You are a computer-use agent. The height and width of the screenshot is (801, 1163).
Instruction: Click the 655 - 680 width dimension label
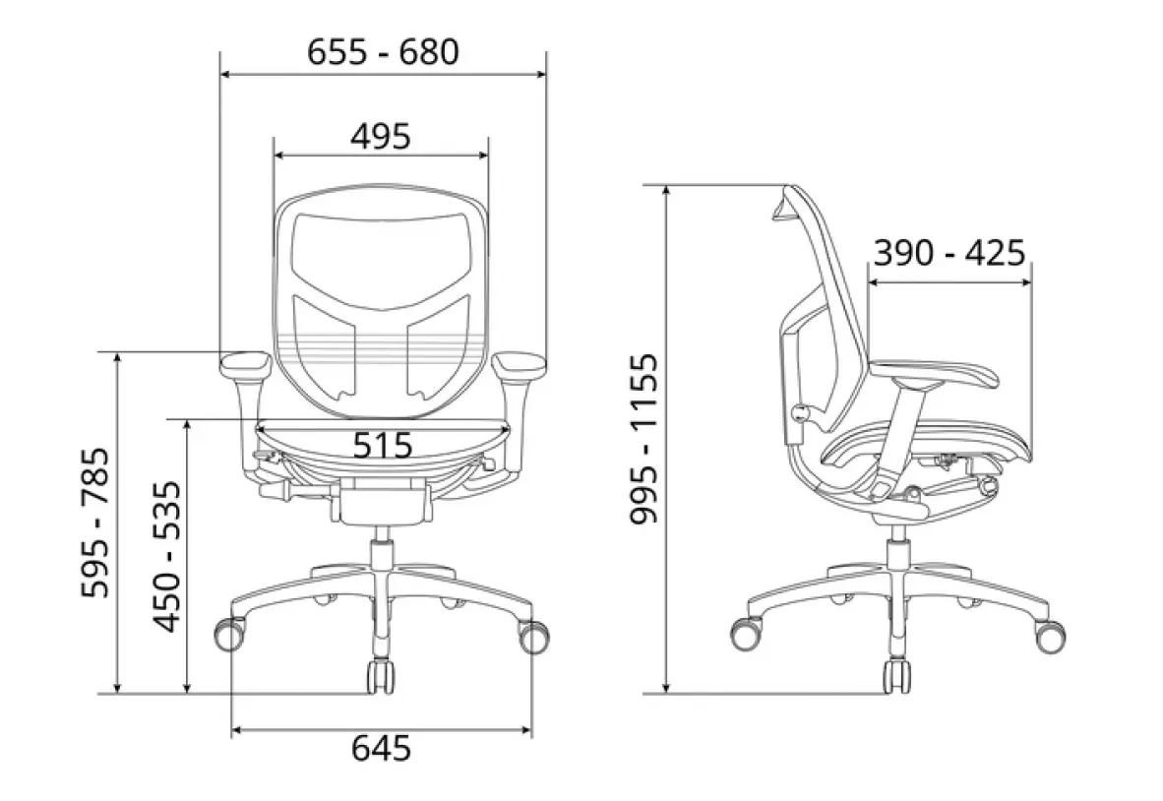pos(383,52)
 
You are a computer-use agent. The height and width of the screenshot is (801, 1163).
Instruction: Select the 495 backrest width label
pos(381,137)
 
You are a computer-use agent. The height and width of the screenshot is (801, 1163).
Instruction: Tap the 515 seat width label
pos(382,446)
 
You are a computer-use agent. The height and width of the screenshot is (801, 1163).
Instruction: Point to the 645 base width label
pos(381,748)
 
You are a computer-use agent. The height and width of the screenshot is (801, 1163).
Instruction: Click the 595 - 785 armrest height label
pos(95,523)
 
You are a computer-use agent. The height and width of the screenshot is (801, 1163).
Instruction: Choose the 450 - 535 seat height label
pos(167,556)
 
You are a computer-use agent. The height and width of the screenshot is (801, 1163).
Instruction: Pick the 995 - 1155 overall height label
pos(643,439)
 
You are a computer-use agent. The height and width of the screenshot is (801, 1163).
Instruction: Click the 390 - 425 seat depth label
pos(949,252)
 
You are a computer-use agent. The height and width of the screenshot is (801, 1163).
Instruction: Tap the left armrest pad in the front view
pos(246,363)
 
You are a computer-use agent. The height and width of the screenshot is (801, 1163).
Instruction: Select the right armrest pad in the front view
pos(520,363)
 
